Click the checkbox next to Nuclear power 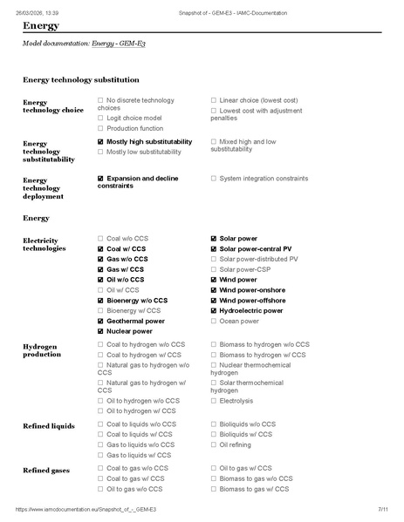100,331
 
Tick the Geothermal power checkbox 100,321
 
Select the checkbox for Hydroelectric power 214,310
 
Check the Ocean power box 214,321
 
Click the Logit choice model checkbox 100,118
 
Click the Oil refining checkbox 214,444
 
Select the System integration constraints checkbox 214,179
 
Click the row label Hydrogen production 42,349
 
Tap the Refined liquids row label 49,425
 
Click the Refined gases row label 46,470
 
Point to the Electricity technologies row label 44,243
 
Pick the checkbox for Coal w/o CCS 100,238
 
